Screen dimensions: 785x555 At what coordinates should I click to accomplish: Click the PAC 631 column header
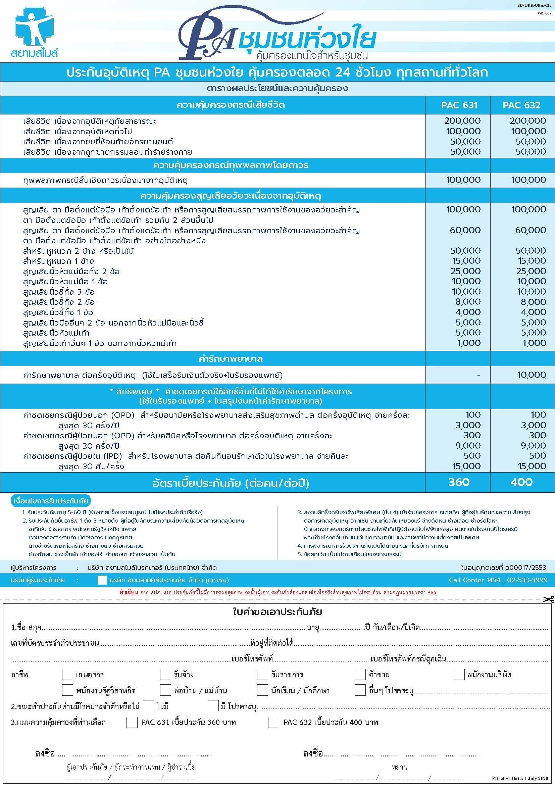459,105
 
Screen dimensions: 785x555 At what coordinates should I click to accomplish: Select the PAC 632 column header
521,105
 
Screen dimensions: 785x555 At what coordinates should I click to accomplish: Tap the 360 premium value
459,482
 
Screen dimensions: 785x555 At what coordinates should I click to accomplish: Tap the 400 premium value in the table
521,482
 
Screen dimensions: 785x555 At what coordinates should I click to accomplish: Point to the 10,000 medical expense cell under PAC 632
531,375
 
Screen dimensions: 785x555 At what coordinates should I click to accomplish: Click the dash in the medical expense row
478,375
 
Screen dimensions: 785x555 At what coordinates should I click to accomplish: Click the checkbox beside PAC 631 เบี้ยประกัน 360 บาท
132,723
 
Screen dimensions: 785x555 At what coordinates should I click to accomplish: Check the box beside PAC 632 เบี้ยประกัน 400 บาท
273,723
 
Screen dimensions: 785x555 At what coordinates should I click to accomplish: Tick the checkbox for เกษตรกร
67,675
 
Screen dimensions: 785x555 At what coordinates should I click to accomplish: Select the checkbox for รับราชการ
262,675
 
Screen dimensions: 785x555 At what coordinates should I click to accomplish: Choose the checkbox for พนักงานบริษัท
459,675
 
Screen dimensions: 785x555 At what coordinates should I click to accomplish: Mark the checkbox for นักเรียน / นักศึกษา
262,690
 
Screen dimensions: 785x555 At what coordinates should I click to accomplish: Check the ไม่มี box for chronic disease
148,705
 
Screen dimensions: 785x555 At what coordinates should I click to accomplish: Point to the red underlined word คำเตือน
129,592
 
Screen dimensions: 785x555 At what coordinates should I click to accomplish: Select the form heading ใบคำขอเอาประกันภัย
277,612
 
